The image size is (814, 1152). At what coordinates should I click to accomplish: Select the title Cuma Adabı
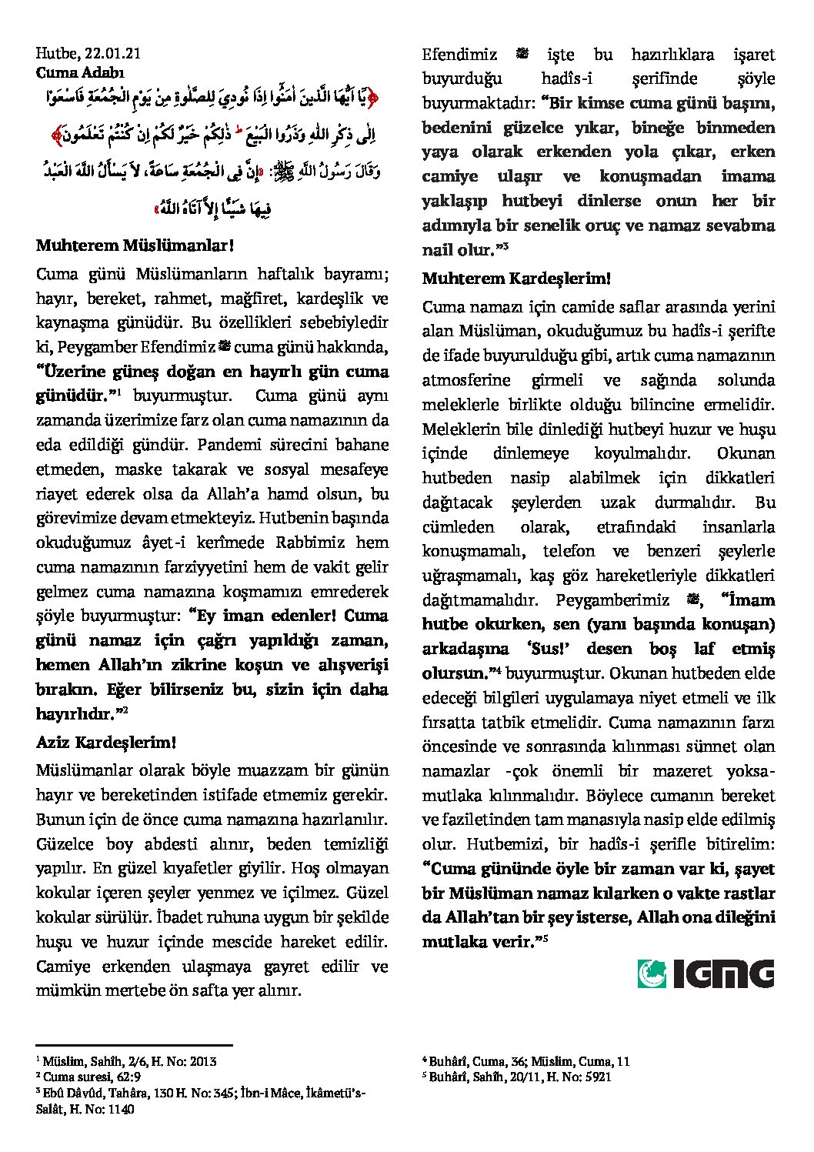[x=80, y=73]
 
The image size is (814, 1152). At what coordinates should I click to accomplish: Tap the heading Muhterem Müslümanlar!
[x=135, y=246]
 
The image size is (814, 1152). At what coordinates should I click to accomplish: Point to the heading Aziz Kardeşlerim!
[x=106, y=743]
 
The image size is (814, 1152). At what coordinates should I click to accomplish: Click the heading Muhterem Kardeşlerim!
[x=516, y=278]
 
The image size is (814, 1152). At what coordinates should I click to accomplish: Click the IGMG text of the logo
[x=723, y=973]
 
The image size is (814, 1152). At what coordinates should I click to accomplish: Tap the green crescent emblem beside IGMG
[x=652, y=973]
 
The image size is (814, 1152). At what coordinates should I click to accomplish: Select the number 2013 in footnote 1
[x=202, y=1062]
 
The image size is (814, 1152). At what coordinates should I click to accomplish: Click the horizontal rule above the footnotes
[x=134, y=1045]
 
